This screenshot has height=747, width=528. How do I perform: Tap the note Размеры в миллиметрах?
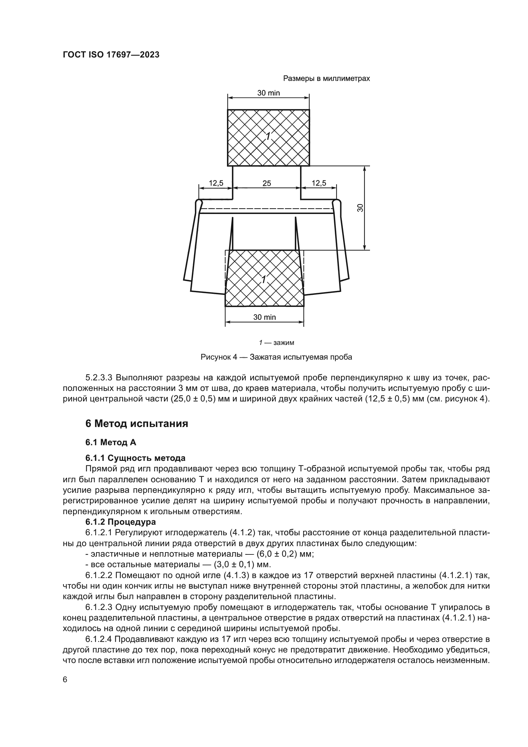tap(327, 79)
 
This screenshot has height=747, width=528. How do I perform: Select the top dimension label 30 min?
tap(268, 93)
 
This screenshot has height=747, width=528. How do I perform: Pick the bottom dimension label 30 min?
tap(264, 317)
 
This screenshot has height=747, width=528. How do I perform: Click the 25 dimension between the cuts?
tap(267, 183)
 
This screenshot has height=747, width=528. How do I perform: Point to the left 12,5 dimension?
tap(216, 183)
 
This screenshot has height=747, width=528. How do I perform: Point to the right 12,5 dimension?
tap(319, 183)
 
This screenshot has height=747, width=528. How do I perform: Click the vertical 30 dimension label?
tap(360, 208)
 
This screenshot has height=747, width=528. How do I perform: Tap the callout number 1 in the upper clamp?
tap(268, 137)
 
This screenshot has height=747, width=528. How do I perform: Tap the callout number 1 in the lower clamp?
tap(264, 279)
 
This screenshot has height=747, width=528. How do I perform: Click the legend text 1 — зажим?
tap(276, 343)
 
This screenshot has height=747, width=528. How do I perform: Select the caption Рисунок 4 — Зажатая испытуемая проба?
tap(276, 357)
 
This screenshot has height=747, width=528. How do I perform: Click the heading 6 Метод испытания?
tap(137, 424)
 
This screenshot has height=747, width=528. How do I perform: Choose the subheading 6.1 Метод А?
tap(110, 442)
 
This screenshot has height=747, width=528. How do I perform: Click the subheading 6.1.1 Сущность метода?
tap(135, 458)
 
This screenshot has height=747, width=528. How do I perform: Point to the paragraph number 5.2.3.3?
tap(99, 378)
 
